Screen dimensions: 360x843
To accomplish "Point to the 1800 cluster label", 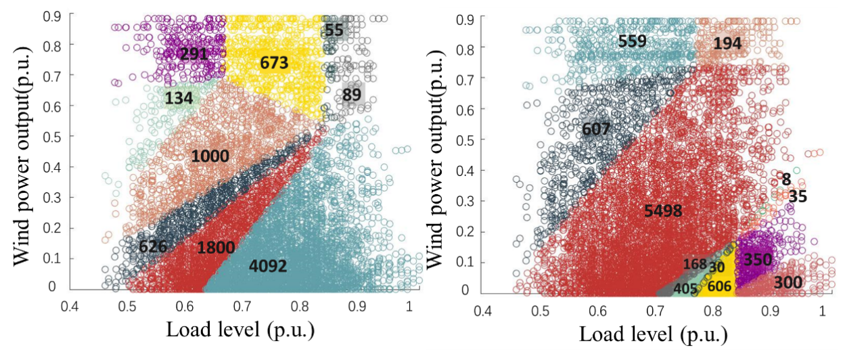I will (x=216, y=248).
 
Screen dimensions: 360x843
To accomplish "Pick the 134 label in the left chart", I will (x=179, y=99).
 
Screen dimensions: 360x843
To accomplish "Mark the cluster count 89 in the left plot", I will (x=351, y=95).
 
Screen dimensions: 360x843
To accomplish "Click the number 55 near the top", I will (x=334, y=30).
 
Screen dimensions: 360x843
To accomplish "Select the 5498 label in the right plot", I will (x=663, y=211).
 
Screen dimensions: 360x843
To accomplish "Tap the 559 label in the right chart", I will (x=632, y=42).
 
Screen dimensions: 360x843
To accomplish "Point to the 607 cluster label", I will (x=595, y=129).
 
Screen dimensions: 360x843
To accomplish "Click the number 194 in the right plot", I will (x=727, y=44).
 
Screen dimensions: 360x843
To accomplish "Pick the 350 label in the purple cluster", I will (x=758, y=259).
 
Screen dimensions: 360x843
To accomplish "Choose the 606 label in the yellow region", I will (x=719, y=286).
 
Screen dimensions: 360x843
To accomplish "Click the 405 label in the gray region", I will (x=685, y=289).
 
